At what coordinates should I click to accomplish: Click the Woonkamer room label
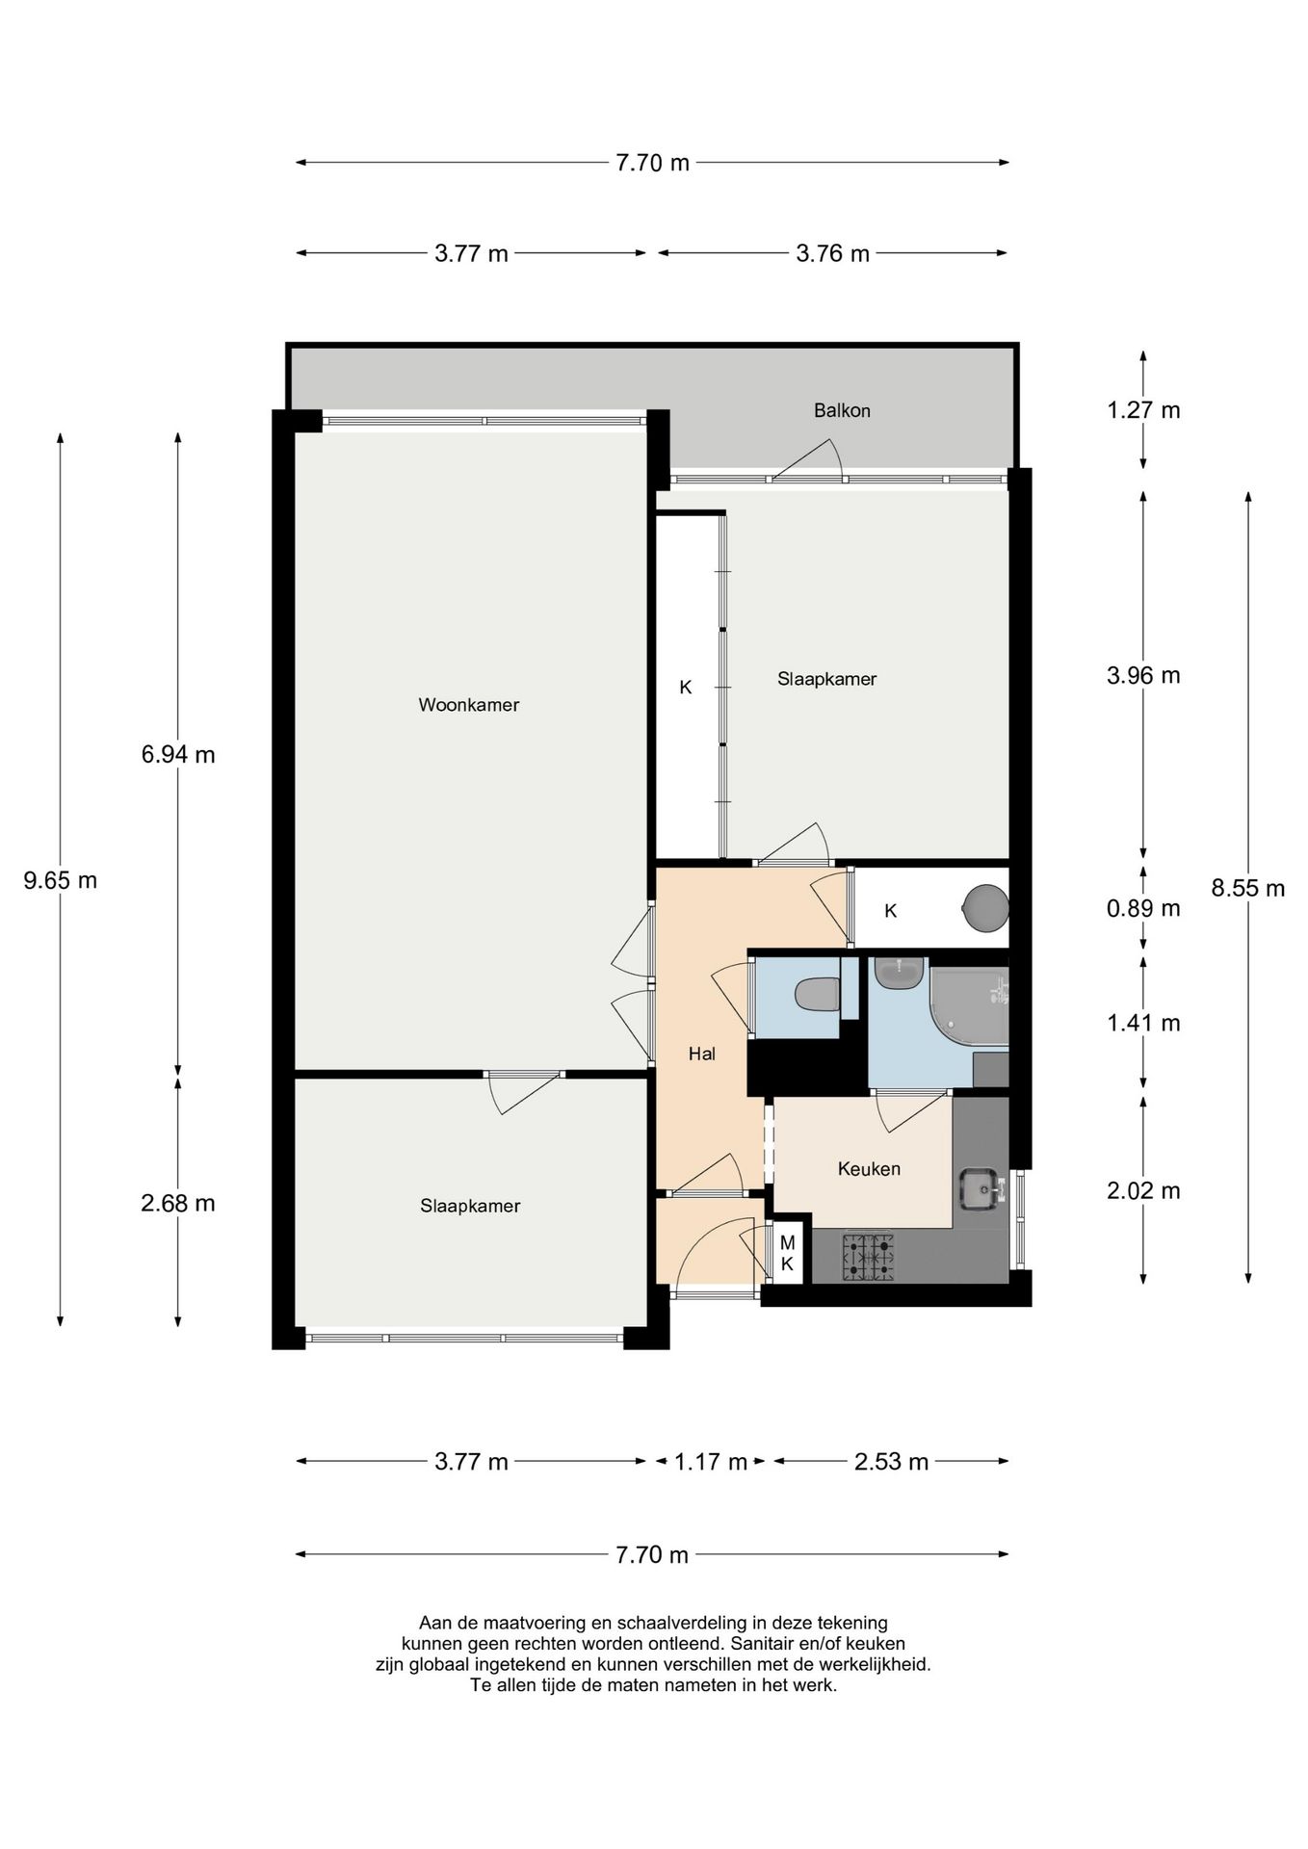[468, 705]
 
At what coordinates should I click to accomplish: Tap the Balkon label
[842, 410]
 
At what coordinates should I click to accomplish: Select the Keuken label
[869, 1169]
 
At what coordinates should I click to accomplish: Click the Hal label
[701, 1055]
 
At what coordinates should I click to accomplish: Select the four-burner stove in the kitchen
[869, 1258]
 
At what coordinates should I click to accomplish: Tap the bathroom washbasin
[900, 973]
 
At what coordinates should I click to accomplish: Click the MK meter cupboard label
[787, 1254]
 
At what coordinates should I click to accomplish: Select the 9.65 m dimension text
[61, 880]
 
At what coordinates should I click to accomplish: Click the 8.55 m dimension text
[1248, 889]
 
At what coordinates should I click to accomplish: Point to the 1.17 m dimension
[711, 1462]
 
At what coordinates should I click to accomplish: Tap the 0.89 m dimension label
[1143, 908]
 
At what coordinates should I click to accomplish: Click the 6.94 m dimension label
[178, 755]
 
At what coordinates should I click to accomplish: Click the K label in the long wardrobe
[686, 688]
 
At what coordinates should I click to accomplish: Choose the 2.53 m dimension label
[891, 1462]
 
